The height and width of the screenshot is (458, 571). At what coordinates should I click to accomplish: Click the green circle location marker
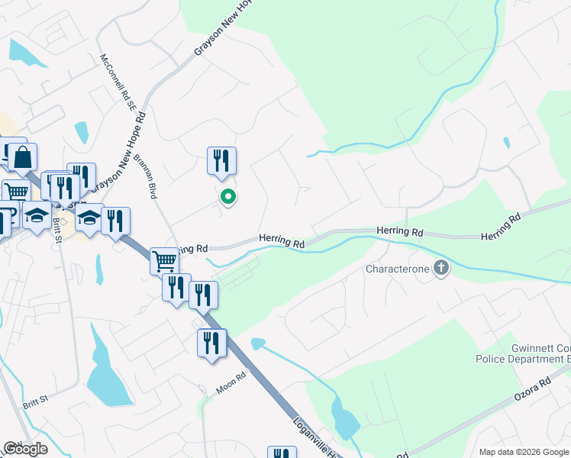click(x=227, y=197)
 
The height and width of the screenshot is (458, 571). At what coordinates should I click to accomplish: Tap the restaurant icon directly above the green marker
click(x=221, y=160)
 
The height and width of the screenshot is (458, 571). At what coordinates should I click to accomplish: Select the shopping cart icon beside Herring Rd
click(x=164, y=261)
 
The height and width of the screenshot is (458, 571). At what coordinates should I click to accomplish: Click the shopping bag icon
click(x=24, y=158)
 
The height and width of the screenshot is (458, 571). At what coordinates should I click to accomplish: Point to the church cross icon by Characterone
click(x=441, y=268)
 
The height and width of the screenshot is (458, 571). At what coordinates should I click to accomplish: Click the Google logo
click(x=25, y=449)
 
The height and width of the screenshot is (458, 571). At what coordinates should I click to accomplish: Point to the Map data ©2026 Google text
click(x=523, y=452)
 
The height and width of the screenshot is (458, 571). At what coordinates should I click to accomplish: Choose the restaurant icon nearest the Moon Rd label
click(x=211, y=343)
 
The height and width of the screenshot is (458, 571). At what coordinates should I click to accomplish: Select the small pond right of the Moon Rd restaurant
click(x=258, y=343)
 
